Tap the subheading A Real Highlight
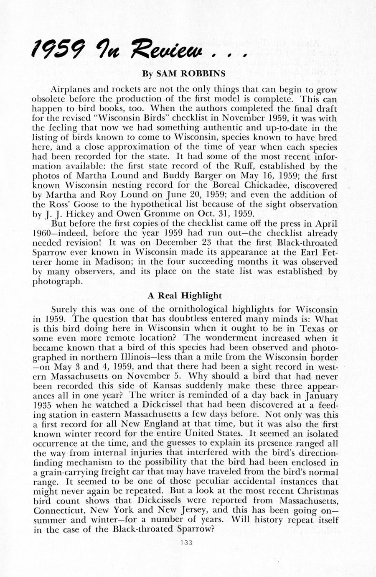185,296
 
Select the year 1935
43,406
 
